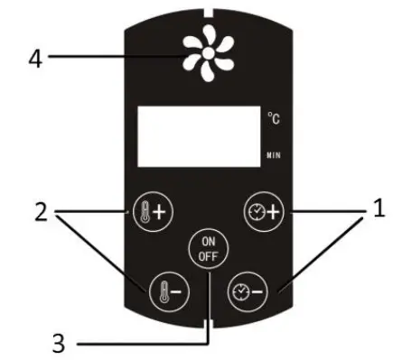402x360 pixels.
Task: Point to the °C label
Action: tap(275, 117)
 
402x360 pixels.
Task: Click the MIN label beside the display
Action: tap(275, 156)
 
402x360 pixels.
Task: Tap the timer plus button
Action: tap(264, 214)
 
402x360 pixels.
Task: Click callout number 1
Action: tap(379, 210)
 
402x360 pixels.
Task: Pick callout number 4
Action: tap(34, 59)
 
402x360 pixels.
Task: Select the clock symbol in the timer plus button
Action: tap(256, 214)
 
